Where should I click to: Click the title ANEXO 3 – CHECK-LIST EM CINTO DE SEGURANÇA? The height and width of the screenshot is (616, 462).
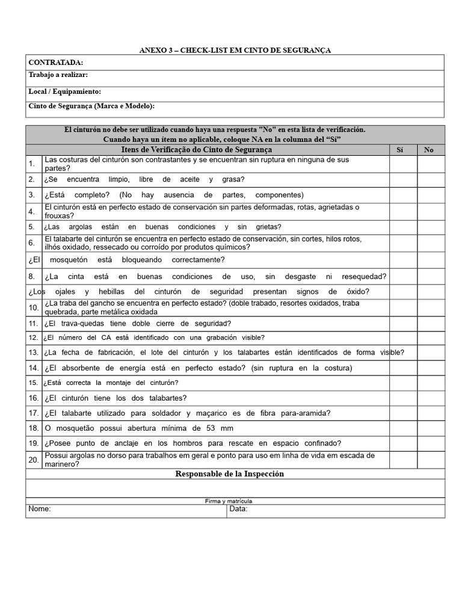[235, 50]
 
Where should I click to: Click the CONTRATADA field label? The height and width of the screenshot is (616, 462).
[55, 63]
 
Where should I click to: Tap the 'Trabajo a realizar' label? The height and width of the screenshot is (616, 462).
[58, 75]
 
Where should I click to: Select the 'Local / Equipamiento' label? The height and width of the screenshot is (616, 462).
[64, 91]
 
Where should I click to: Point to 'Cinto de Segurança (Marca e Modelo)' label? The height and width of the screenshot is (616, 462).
[91, 106]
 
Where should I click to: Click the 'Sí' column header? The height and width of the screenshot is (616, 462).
[401, 150]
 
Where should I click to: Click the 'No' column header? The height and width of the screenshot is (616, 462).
[428, 150]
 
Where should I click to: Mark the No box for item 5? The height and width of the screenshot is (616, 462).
[431, 227]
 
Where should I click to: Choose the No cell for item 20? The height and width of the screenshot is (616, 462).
[431, 460]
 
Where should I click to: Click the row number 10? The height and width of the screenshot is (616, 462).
[34, 307]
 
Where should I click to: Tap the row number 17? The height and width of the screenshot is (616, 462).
[34, 413]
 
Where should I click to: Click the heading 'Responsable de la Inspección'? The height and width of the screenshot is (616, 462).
[229, 474]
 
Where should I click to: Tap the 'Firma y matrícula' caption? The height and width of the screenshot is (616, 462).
[228, 500]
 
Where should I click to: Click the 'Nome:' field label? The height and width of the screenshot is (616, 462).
[40, 509]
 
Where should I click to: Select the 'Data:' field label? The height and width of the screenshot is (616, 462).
[238, 509]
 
